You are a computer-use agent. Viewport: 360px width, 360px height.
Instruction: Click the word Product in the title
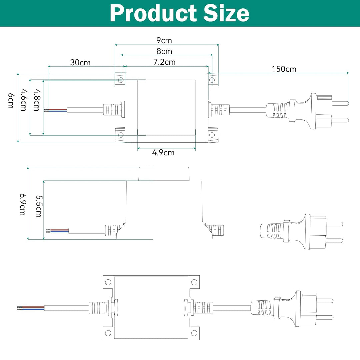pos(153,13)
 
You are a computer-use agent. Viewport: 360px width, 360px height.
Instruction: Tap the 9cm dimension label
pos(164,41)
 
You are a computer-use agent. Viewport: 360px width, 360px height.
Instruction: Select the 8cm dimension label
pos(164,51)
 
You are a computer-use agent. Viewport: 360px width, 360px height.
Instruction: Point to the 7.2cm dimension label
pos(164,62)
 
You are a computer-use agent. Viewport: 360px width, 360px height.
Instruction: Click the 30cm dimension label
pos(80,62)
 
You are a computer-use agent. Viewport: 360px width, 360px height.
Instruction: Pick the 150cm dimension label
pos(284,69)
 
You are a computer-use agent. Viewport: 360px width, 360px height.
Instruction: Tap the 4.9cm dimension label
pos(163,153)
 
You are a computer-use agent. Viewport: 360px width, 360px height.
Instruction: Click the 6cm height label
pos(11,101)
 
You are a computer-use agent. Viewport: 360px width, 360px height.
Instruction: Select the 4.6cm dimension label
pos(23,100)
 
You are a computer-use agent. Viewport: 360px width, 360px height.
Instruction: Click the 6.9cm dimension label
pos(22,204)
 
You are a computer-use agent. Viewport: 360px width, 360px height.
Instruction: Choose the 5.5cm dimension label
pos(38,207)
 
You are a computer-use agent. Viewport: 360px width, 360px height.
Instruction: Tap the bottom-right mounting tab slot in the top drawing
pos(212,135)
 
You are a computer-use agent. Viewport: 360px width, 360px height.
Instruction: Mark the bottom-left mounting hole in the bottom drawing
pos(108,333)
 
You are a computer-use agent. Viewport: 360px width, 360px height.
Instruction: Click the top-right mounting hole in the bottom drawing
pos(194,282)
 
